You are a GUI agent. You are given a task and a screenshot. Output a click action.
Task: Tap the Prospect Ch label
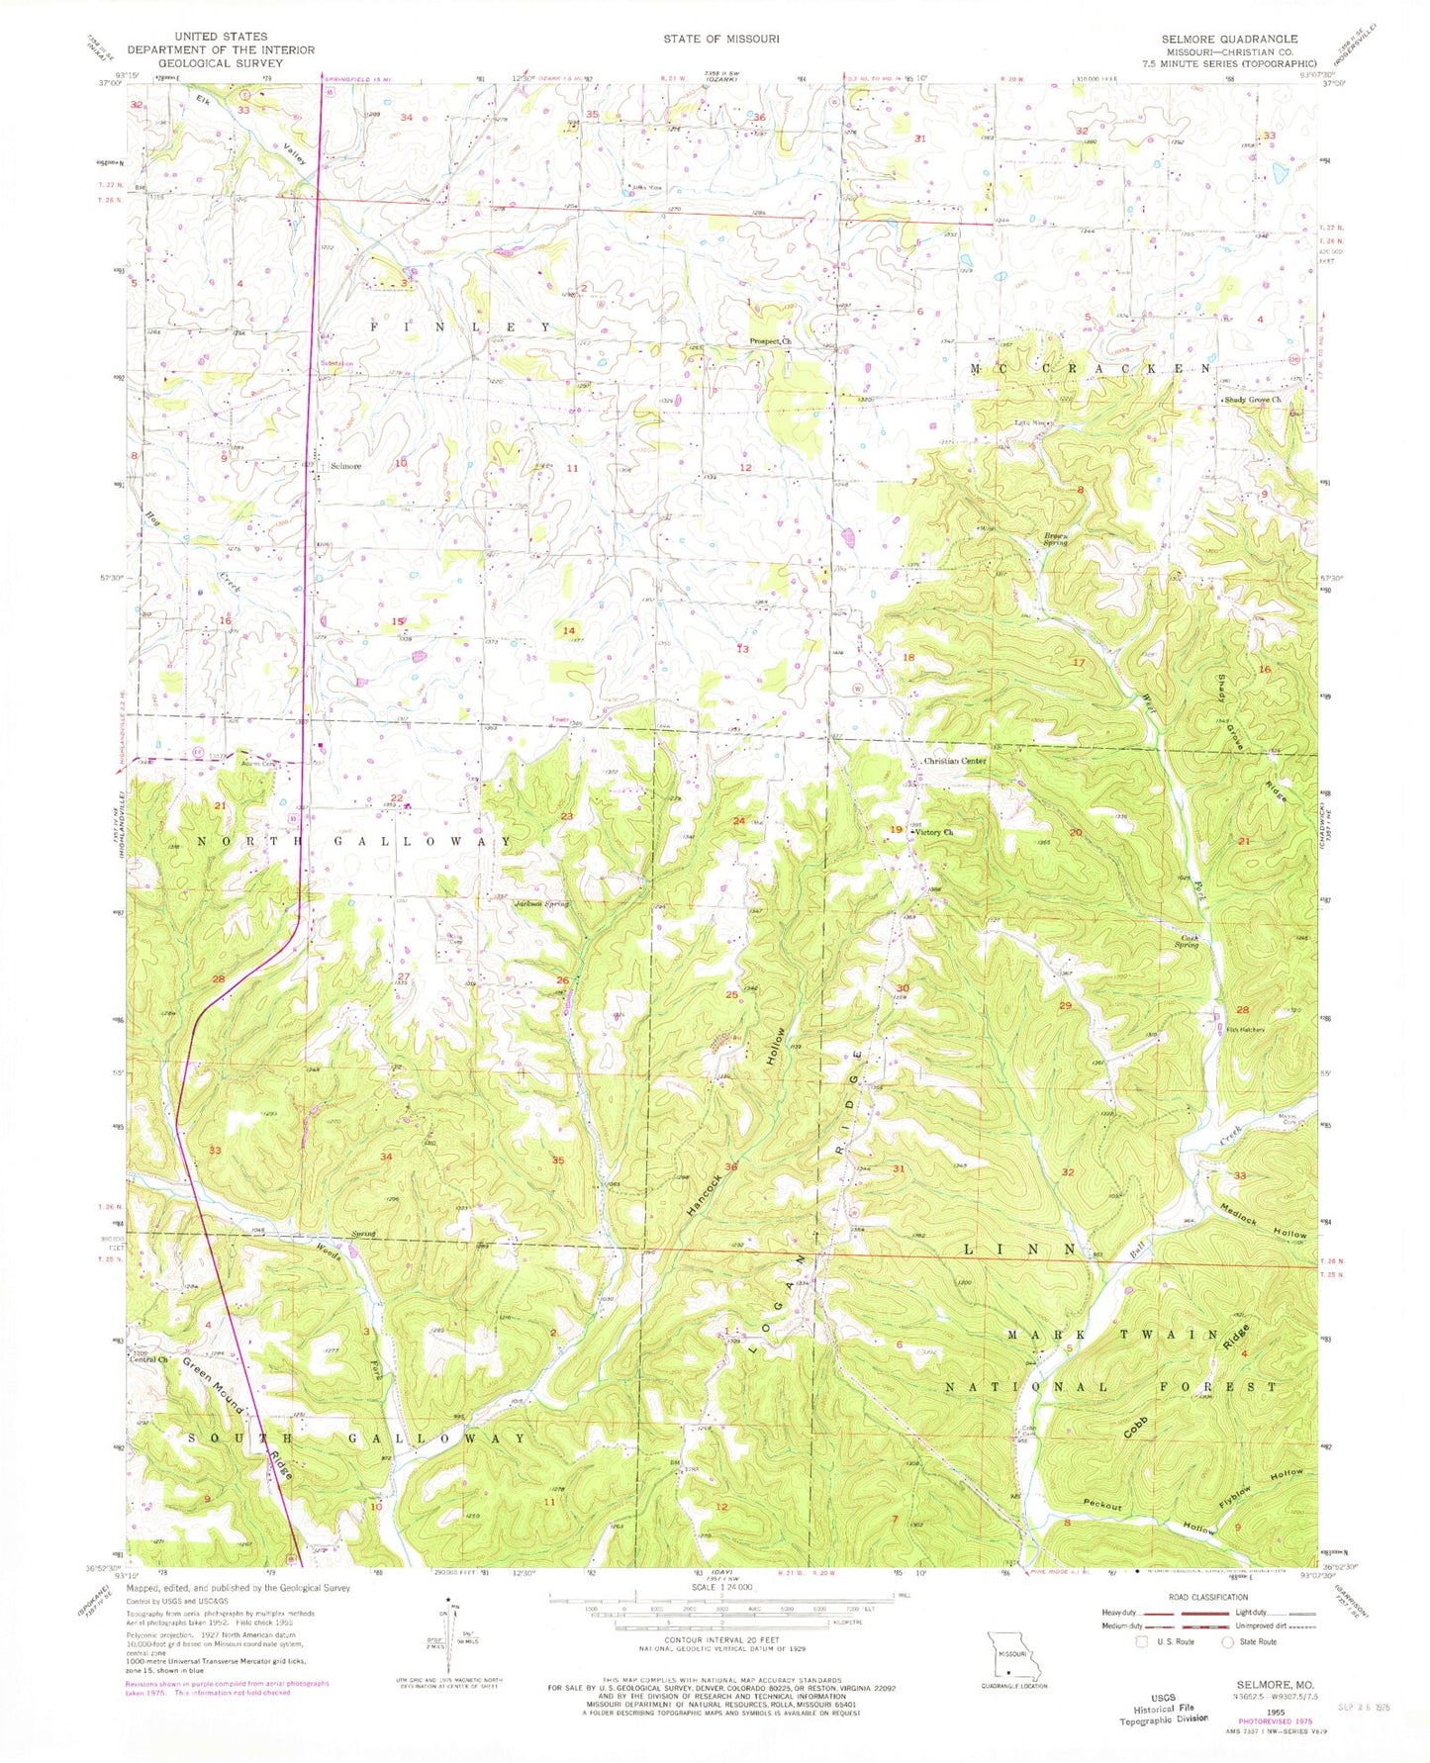click(x=772, y=341)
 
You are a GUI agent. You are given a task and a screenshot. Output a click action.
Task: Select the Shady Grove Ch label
click(x=1253, y=400)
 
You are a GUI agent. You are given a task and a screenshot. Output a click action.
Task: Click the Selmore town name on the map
click(x=345, y=465)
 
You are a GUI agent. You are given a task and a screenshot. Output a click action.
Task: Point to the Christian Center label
click(x=954, y=761)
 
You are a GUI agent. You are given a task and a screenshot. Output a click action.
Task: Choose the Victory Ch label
click(x=934, y=832)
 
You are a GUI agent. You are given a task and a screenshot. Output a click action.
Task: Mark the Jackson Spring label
click(x=540, y=903)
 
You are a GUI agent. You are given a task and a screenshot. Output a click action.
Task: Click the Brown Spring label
click(x=1056, y=540)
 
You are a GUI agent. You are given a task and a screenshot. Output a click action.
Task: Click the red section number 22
click(x=397, y=797)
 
